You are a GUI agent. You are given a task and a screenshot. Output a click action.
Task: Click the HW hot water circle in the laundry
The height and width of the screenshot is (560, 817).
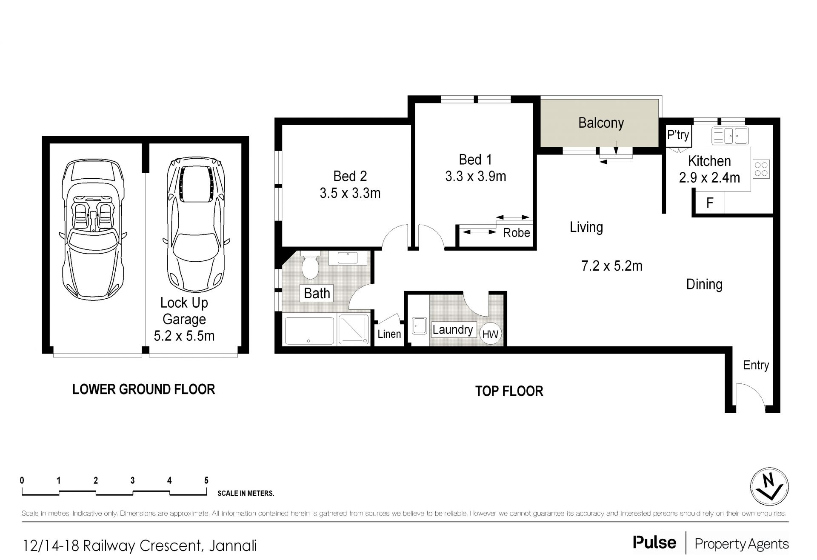coord(491,334)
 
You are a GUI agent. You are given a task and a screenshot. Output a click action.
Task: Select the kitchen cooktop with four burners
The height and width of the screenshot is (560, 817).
coord(761,169)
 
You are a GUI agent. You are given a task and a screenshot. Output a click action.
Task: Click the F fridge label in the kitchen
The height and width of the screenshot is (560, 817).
coord(710,203)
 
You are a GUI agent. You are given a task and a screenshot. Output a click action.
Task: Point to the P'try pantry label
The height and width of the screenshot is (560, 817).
coord(678,135)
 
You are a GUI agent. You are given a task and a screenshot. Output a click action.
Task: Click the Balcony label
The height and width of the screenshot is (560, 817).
coord(601,123)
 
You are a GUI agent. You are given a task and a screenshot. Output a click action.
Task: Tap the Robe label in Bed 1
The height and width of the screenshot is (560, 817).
coord(517,233)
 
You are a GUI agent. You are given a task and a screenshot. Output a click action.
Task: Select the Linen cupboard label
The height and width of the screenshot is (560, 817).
coord(389,334)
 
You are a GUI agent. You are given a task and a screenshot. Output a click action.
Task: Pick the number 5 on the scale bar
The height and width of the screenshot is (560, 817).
coord(206,480)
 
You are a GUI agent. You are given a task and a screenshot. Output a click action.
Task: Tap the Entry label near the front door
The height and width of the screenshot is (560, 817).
coord(756,365)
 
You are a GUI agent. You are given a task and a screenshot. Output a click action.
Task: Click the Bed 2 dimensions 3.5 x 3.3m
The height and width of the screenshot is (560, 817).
coord(350,193)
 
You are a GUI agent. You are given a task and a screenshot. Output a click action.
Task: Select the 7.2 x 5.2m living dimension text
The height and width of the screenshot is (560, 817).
coord(612,266)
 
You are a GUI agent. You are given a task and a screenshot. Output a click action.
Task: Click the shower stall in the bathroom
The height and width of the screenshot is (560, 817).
coord(354,329)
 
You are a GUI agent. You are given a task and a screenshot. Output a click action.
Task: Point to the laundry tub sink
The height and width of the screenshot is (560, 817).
coord(420,326)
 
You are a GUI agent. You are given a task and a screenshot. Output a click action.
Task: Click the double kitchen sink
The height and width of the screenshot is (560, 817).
coord(730,136)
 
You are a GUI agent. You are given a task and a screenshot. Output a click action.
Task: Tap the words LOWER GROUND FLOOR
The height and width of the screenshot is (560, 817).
coord(144,389)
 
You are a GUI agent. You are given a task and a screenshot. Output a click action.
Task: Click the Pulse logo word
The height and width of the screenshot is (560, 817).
coord(654,542)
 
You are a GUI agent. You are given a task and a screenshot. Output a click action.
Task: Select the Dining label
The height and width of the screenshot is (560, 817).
coord(704,284)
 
